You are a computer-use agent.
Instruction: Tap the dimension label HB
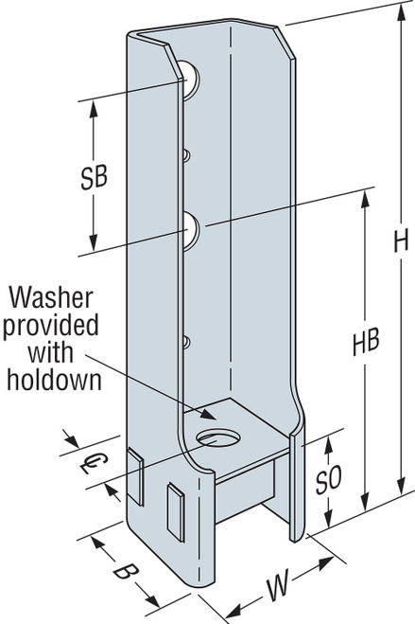[366, 342]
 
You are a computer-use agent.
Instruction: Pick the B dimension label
[126, 573]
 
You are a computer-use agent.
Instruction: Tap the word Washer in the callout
[51, 297]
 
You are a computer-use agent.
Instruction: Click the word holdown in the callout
[55, 380]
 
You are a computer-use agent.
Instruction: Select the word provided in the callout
[51, 327]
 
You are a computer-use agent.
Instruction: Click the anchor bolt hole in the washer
[218, 437]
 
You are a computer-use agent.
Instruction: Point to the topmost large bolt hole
[190, 80]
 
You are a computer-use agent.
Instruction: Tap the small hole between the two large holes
[187, 155]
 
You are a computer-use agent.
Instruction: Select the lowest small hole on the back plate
[187, 343]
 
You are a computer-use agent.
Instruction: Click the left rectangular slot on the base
[135, 476]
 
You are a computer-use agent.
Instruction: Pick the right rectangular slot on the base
[177, 511]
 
